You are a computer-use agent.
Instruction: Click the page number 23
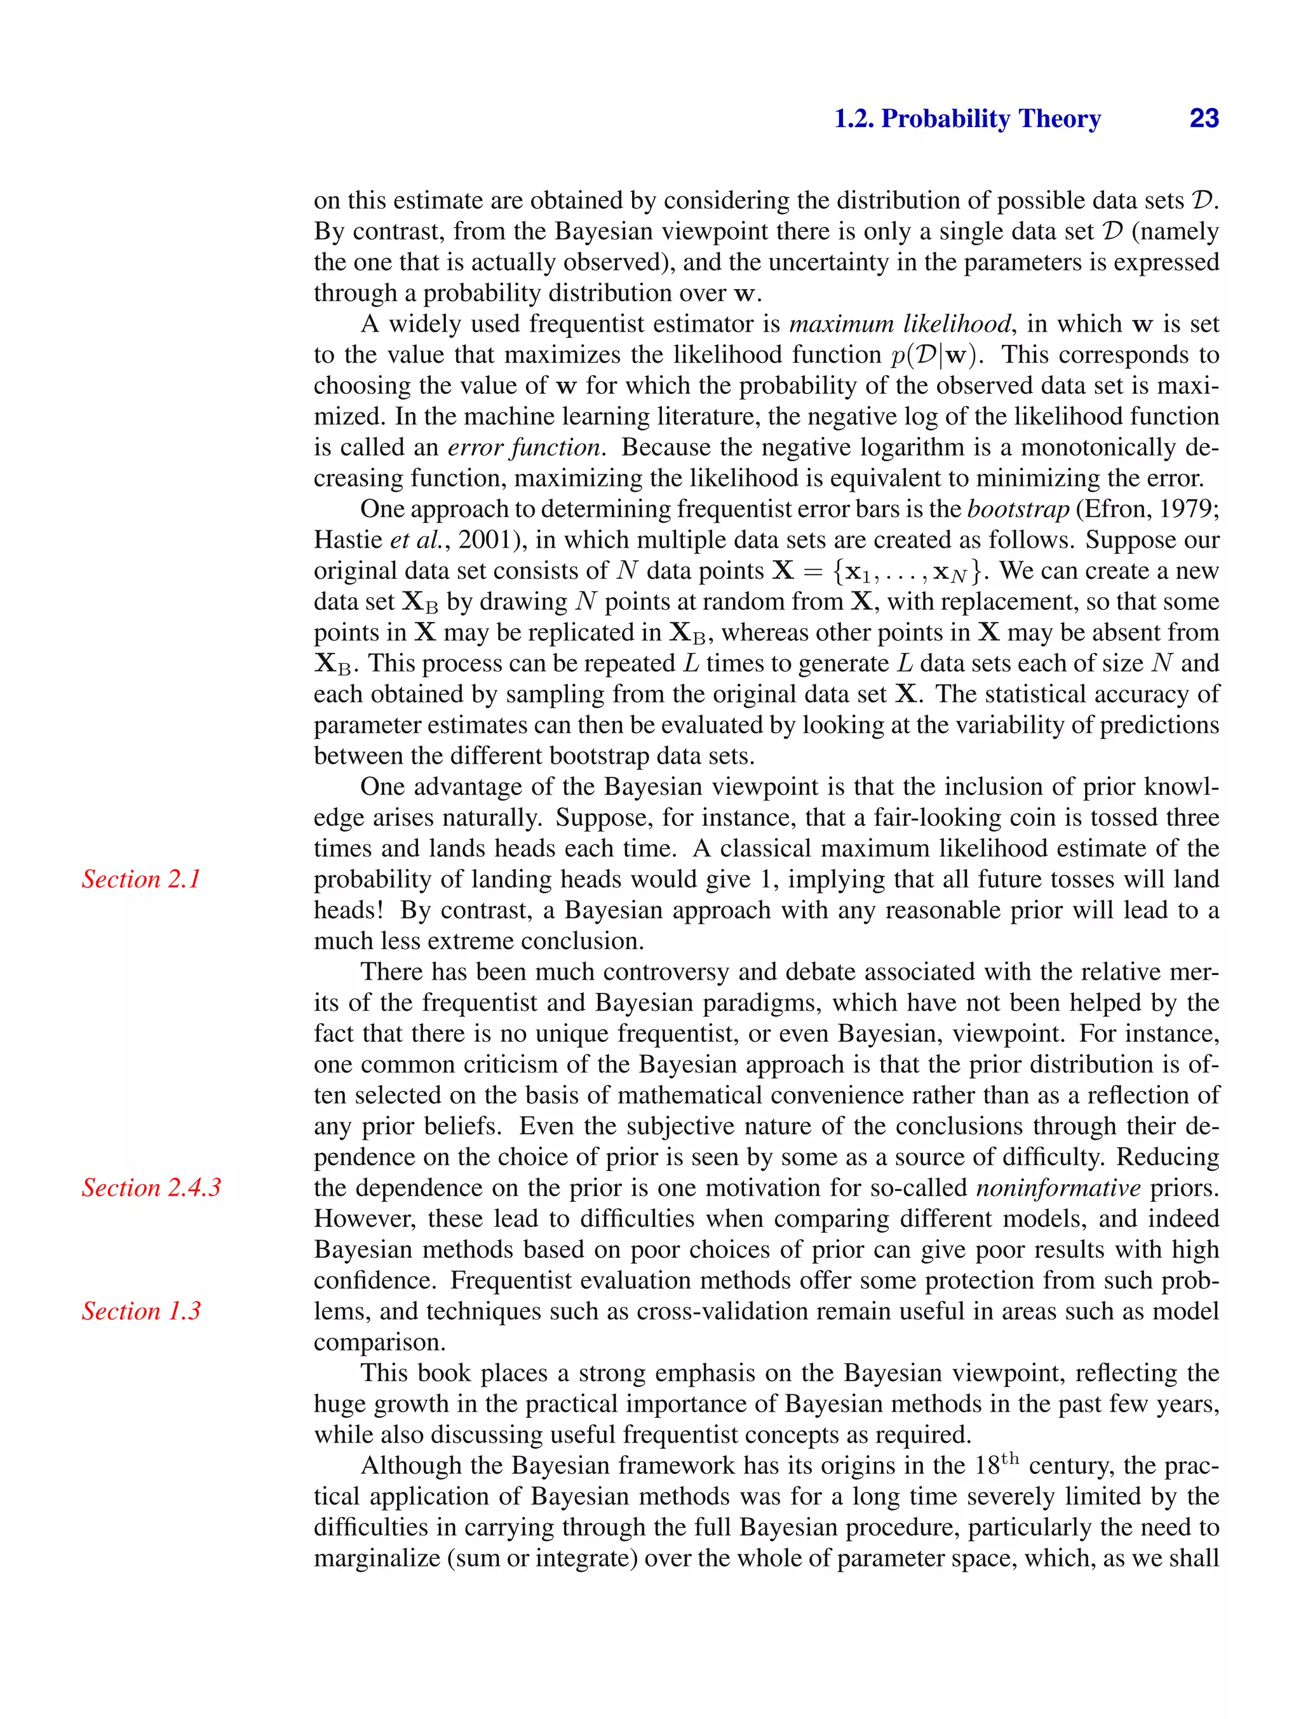point(1204,119)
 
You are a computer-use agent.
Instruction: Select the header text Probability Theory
point(991,119)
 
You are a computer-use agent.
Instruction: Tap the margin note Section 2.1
point(142,879)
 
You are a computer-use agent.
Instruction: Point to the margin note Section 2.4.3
point(152,1187)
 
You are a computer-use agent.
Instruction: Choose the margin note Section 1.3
point(142,1311)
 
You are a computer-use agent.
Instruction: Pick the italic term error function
point(526,448)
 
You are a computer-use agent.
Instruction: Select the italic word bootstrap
point(1018,509)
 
